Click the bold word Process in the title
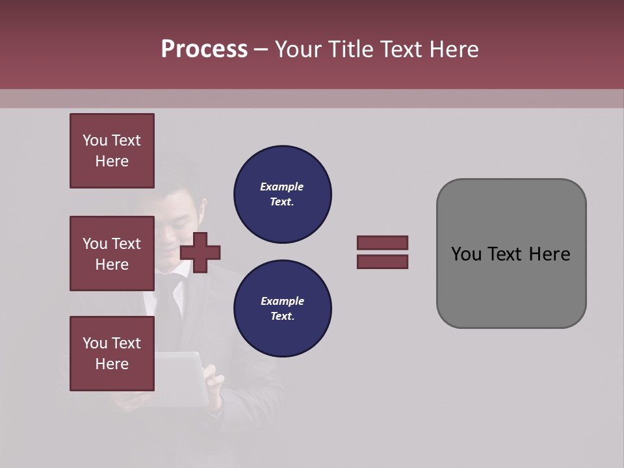point(204,49)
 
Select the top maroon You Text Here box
point(112,151)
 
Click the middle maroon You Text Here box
point(112,253)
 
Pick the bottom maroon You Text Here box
point(112,354)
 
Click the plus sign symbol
point(200,252)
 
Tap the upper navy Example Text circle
point(282,194)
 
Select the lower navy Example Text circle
point(282,309)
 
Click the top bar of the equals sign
point(382,242)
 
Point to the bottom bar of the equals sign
point(382,262)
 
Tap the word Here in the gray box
point(549,254)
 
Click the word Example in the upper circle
point(281,187)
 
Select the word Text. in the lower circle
point(282,317)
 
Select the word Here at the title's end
point(454,49)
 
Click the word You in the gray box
point(466,254)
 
